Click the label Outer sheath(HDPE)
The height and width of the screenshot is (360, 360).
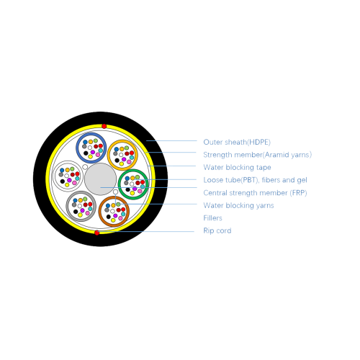tap(237, 142)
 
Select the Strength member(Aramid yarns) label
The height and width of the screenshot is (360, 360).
tap(258, 155)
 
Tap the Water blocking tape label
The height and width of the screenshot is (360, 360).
tap(237, 167)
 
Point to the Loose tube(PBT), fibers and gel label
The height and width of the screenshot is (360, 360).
tap(255, 180)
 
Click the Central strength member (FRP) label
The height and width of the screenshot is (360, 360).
tap(255, 193)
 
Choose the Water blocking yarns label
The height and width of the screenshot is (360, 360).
tap(238, 205)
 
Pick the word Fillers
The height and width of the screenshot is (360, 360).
tap(212, 218)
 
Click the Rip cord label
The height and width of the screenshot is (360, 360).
tap(217, 230)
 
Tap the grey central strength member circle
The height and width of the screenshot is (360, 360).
tap(100, 179)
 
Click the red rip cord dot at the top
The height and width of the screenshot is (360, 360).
tap(104, 126)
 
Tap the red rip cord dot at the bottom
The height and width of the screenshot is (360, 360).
tap(96, 233)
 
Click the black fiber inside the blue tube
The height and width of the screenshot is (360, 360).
tap(86, 153)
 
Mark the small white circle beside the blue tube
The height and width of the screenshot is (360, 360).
tap(85, 167)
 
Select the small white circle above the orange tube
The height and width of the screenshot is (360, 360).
tap(115, 192)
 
